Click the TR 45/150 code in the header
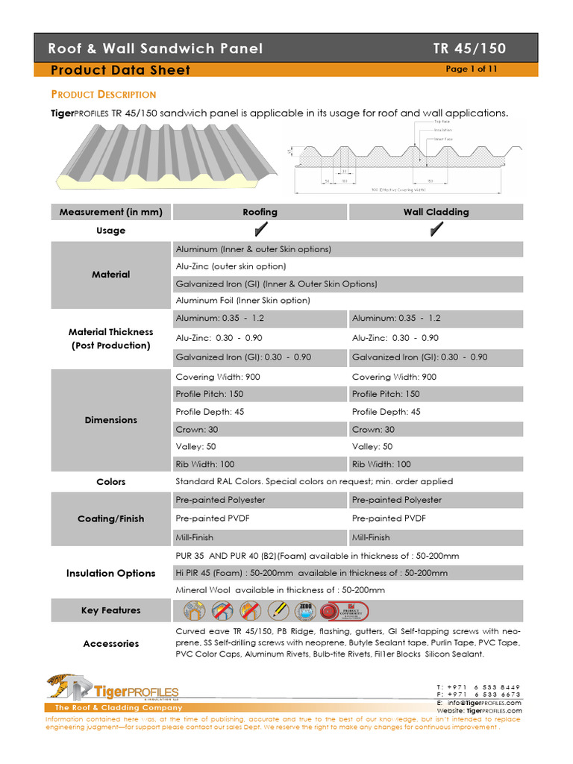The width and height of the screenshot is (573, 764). [x=469, y=48]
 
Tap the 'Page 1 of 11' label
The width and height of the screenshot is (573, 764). [x=471, y=69]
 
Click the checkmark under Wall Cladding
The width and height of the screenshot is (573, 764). [x=436, y=231]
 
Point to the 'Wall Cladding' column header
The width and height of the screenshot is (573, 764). [x=436, y=212]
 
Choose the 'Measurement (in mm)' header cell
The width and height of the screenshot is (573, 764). [x=110, y=212]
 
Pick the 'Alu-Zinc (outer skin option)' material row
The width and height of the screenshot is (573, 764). [x=231, y=266]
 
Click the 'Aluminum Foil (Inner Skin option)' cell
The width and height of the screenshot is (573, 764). [x=242, y=301]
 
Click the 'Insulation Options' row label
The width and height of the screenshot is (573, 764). [x=110, y=574]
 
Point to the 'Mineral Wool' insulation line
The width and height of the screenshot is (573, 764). [x=280, y=590]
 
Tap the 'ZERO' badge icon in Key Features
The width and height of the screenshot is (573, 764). [x=304, y=611]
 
